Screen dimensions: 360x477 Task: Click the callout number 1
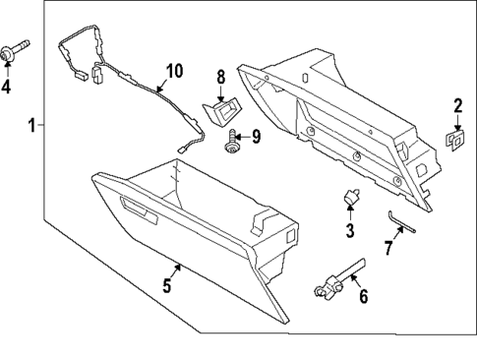click(32, 125)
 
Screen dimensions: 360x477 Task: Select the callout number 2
click(457, 106)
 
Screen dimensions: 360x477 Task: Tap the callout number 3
click(349, 231)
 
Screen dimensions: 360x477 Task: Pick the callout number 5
click(167, 286)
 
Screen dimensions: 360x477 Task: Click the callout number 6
click(363, 296)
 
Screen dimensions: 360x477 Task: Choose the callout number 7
click(388, 248)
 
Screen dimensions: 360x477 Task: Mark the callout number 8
click(221, 76)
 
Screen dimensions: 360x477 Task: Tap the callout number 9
click(258, 136)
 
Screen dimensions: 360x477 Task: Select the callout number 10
click(174, 71)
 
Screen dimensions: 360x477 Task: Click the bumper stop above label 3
click(349, 200)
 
